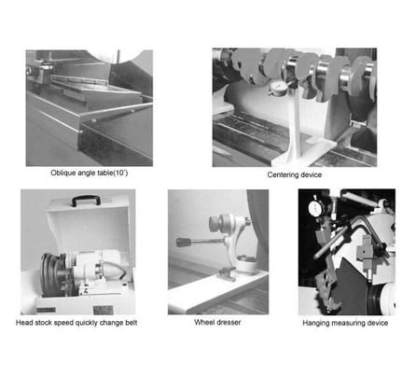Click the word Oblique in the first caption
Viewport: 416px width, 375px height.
pos(64,173)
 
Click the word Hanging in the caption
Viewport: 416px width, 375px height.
pos(320,323)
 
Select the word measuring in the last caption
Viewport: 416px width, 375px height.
pos(359,323)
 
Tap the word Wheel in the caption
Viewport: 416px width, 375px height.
pos(203,322)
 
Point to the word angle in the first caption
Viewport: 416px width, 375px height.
pos(93,173)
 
